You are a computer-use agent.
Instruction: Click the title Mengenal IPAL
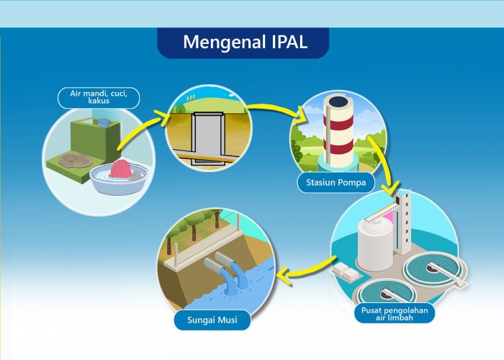(244, 42)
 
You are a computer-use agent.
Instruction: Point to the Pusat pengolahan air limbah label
(394, 313)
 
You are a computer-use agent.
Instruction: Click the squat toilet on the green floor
(71, 160)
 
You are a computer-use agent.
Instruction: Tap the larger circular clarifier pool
(432, 268)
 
